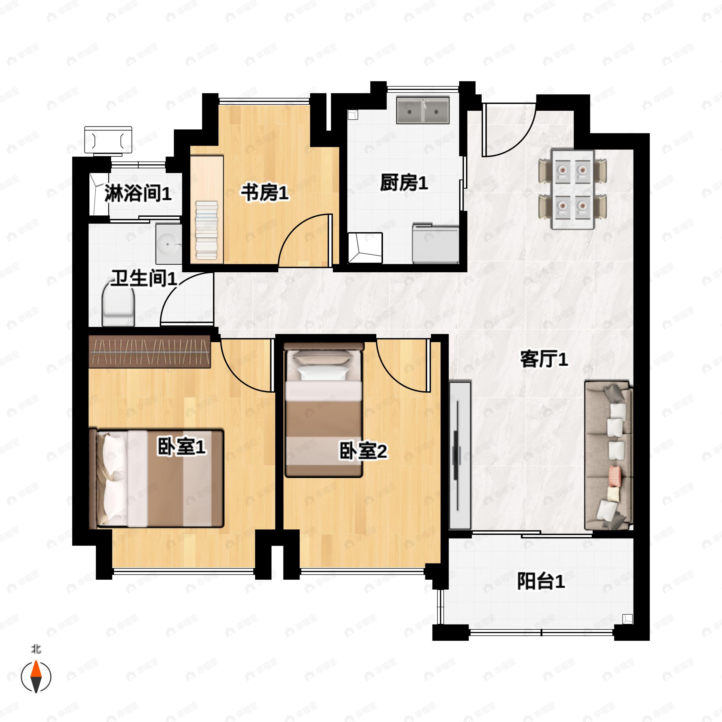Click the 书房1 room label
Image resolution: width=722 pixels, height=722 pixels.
pos(265,193)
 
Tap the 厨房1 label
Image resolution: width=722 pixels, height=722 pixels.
pos(404,183)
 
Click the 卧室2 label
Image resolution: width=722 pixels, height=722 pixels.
pos(363,451)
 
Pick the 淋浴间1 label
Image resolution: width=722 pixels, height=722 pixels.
pos(138,193)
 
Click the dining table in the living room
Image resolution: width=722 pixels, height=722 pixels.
pos(573,189)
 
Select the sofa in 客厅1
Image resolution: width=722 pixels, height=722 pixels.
pos(608,455)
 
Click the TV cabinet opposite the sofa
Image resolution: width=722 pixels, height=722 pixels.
pos(460,455)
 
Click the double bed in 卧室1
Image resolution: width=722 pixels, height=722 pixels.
pos(156,479)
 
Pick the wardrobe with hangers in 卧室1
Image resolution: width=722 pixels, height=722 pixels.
pos(150,351)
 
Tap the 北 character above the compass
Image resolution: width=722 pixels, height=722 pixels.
pos(36,649)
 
